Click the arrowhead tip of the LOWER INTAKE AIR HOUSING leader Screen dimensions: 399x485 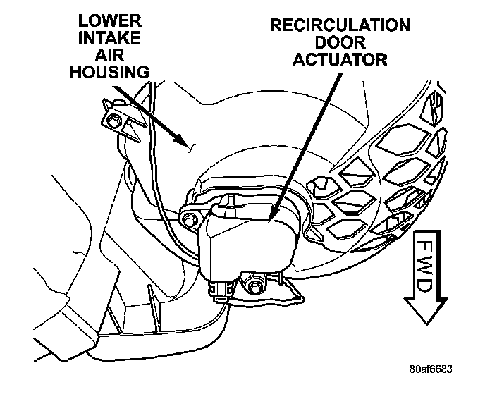[191, 149]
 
